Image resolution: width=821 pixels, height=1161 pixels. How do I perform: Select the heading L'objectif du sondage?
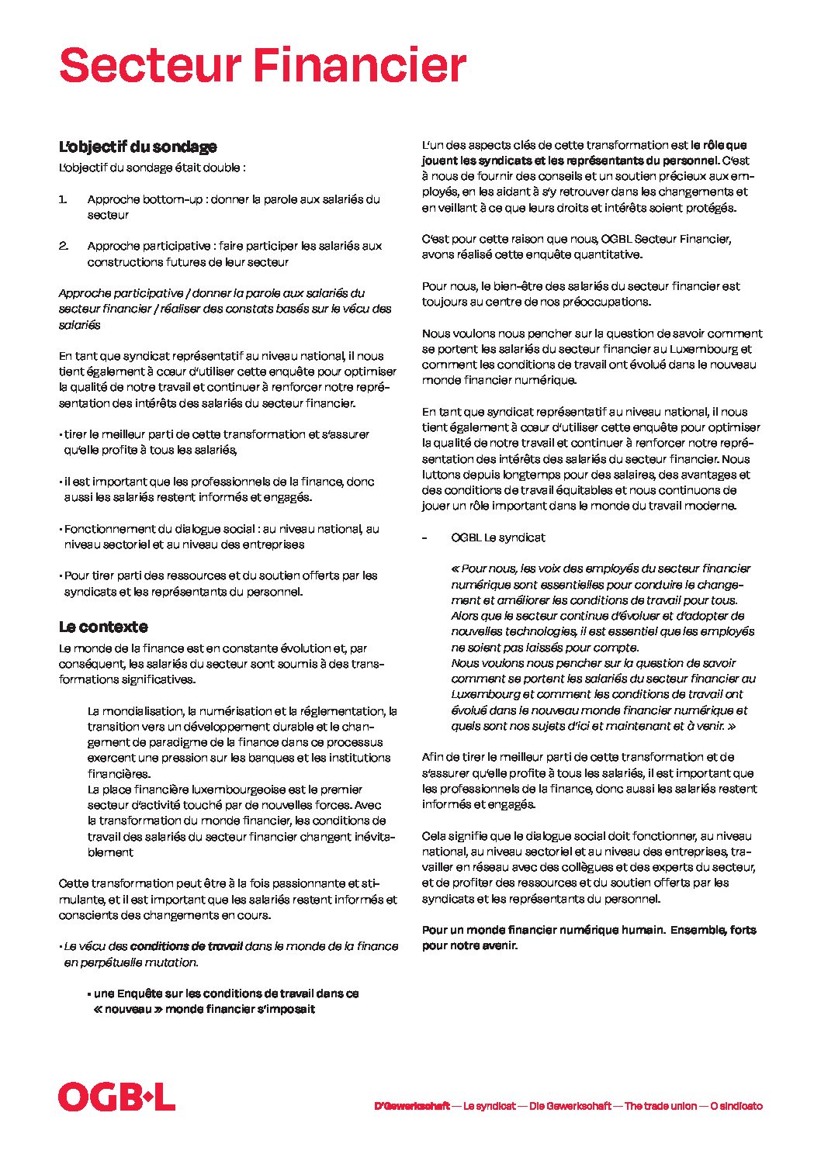[137, 147]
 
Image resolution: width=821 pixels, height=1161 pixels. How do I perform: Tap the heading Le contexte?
[102, 627]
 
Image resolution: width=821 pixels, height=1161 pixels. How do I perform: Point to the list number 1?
[62, 199]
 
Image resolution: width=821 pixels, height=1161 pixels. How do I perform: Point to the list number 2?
[64, 246]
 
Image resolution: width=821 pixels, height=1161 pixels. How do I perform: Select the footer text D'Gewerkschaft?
[411, 1106]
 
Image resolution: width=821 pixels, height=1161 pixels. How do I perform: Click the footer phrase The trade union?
[660, 1106]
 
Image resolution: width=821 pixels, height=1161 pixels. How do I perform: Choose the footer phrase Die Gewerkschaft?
[570, 1106]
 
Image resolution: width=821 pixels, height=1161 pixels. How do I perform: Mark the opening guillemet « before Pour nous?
[455, 568]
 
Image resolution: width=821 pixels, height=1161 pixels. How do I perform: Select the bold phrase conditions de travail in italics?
[186, 946]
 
